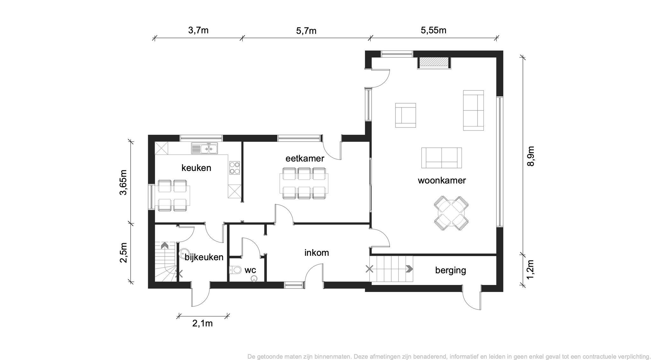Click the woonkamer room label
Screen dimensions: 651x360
[442, 180]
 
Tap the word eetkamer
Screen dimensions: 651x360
[305, 158]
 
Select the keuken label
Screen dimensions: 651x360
[196, 168]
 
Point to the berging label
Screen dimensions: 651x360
[450, 270]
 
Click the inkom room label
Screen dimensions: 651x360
[317, 253]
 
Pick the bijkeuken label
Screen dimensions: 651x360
[204, 257]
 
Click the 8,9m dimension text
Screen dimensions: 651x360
[531, 156]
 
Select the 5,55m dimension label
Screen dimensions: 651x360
[434, 30]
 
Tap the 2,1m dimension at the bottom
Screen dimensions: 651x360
[202, 323]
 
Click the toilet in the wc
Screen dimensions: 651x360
[235, 270]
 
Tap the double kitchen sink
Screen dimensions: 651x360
[204, 148]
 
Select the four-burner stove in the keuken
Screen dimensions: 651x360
[235, 168]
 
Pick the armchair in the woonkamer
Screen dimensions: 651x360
[406, 115]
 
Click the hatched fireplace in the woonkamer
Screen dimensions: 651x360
[434, 63]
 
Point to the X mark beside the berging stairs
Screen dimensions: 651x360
[369, 269]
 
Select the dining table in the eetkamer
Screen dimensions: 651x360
[304, 183]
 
